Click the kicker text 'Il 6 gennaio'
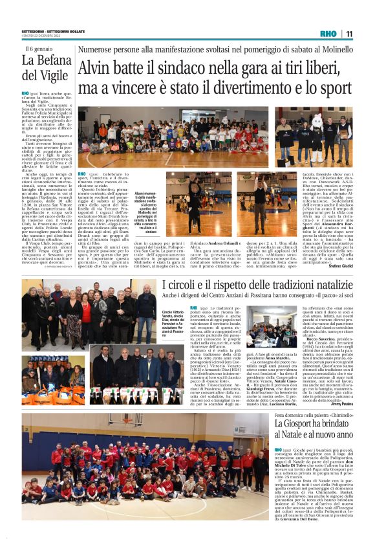pyautogui.click(x=39, y=49)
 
